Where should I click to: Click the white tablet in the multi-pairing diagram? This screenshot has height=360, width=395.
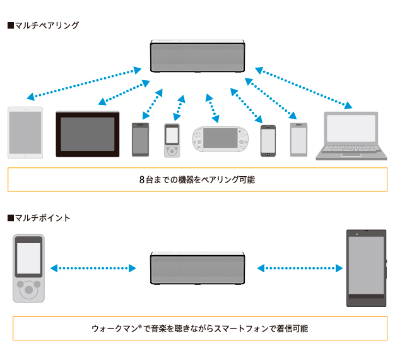25,132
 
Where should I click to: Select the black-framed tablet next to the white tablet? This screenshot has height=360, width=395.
88,134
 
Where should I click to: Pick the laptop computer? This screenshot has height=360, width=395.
350,134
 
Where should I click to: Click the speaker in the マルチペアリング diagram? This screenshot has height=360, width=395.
197,57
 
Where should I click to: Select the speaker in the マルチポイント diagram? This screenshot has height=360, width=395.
197,268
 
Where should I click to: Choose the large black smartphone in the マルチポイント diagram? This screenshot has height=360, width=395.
366,268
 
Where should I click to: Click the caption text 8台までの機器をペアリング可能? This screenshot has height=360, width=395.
197,179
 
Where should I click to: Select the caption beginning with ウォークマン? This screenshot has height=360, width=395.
200,329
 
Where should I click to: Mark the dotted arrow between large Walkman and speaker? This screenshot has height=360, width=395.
93,268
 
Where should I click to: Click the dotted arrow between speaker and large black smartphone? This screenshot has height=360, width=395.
302,268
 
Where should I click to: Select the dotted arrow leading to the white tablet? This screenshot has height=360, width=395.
84,81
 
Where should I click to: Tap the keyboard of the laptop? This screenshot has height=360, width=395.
350,149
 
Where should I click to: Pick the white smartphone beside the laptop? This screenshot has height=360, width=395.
298,139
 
